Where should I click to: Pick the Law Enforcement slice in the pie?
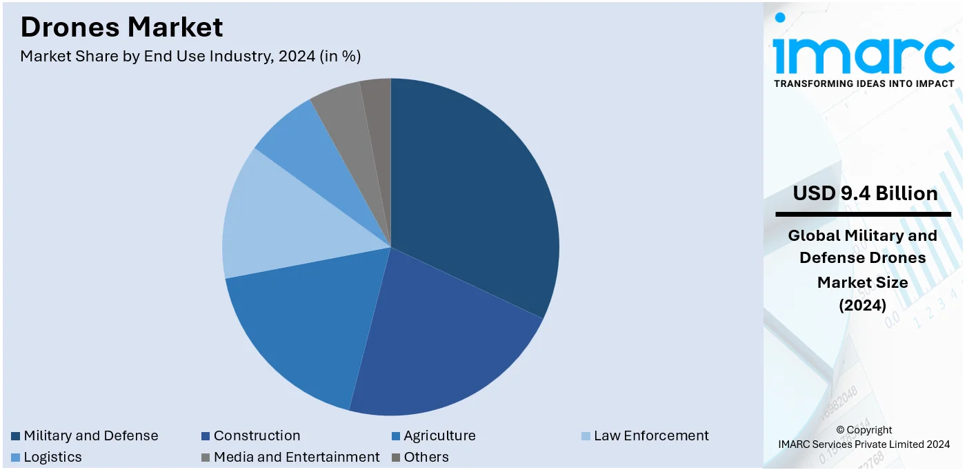pyautogui.click(x=276, y=221)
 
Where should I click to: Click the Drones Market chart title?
pyautogui.click(x=121, y=27)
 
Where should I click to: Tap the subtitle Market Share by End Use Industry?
pyautogui.click(x=190, y=57)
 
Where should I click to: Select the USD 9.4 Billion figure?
pyautogui.click(x=865, y=193)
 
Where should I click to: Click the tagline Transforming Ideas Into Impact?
pyautogui.click(x=864, y=84)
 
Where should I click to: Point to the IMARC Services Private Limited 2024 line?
pyautogui.click(x=864, y=444)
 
